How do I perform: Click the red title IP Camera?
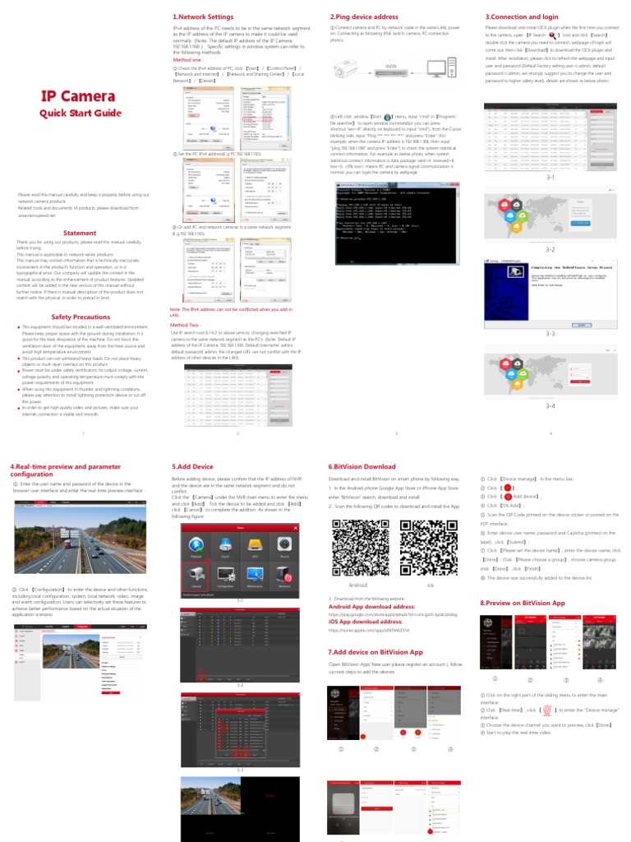[x=79, y=96]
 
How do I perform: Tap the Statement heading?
[x=80, y=233]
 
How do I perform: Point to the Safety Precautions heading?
[x=81, y=317]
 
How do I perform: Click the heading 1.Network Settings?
[x=203, y=16]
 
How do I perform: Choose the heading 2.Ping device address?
[x=364, y=16]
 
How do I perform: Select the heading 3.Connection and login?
[x=523, y=16]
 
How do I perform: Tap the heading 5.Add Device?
[x=192, y=466]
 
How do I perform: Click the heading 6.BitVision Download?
[x=362, y=466]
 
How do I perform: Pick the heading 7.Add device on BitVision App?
[x=375, y=651]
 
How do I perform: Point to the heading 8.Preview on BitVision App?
[x=523, y=603]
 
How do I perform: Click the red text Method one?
[x=188, y=60]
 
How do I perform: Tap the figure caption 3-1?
[x=550, y=178]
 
